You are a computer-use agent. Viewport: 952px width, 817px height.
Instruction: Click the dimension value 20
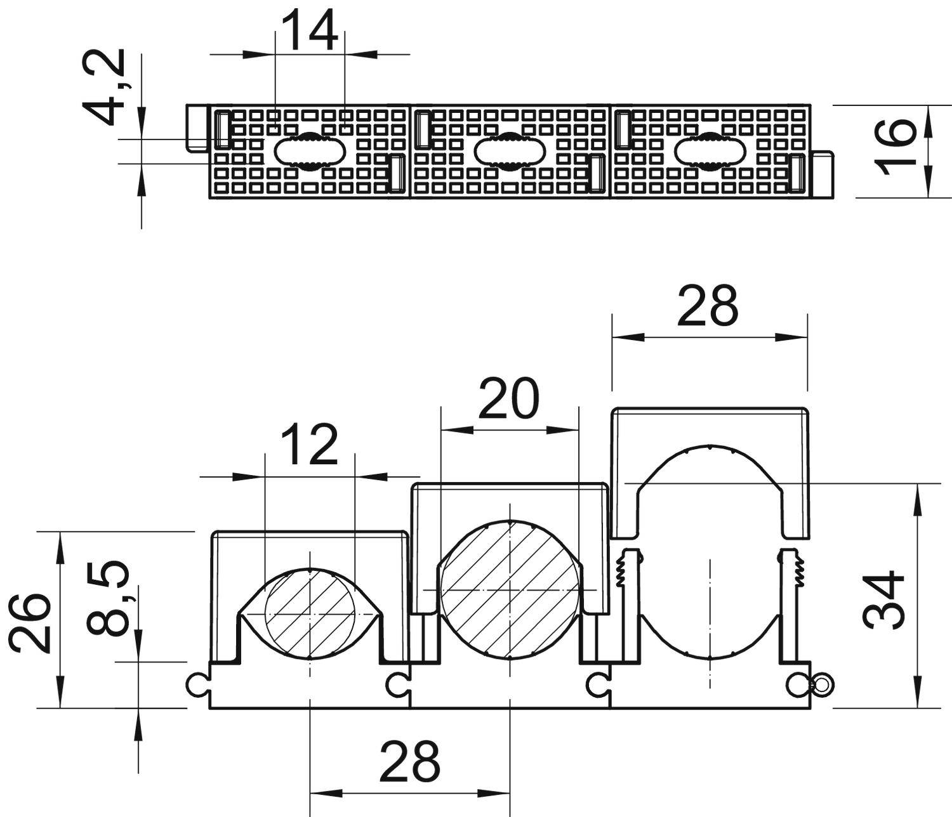508,399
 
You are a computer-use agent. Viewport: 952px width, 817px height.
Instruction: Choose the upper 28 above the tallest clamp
708,305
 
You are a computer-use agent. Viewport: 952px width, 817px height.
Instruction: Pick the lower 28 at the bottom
409,761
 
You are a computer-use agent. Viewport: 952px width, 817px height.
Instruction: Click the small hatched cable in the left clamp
309,615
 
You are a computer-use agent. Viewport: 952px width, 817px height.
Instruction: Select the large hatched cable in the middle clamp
510,589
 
